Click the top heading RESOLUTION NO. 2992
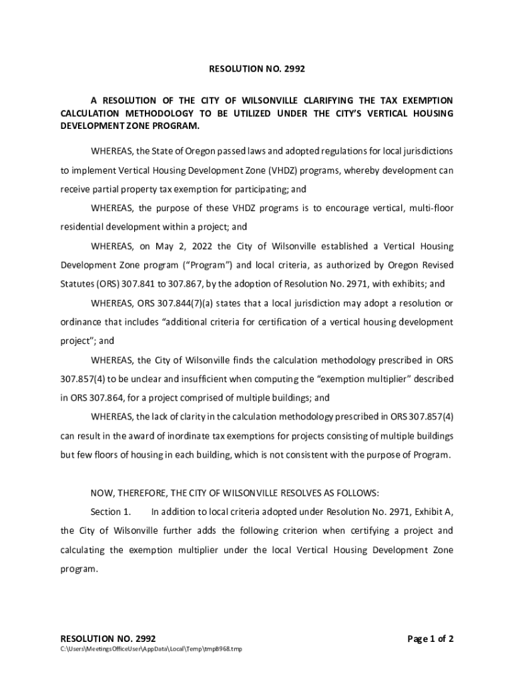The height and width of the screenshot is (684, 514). pyautogui.click(x=257, y=68)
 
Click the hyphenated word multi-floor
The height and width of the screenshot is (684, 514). pyautogui.click(x=429, y=208)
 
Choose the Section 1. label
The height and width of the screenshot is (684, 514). pyautogui.click(x=111, y=512)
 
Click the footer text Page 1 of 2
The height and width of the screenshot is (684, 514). pyautogui.click(x=431, y=639)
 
